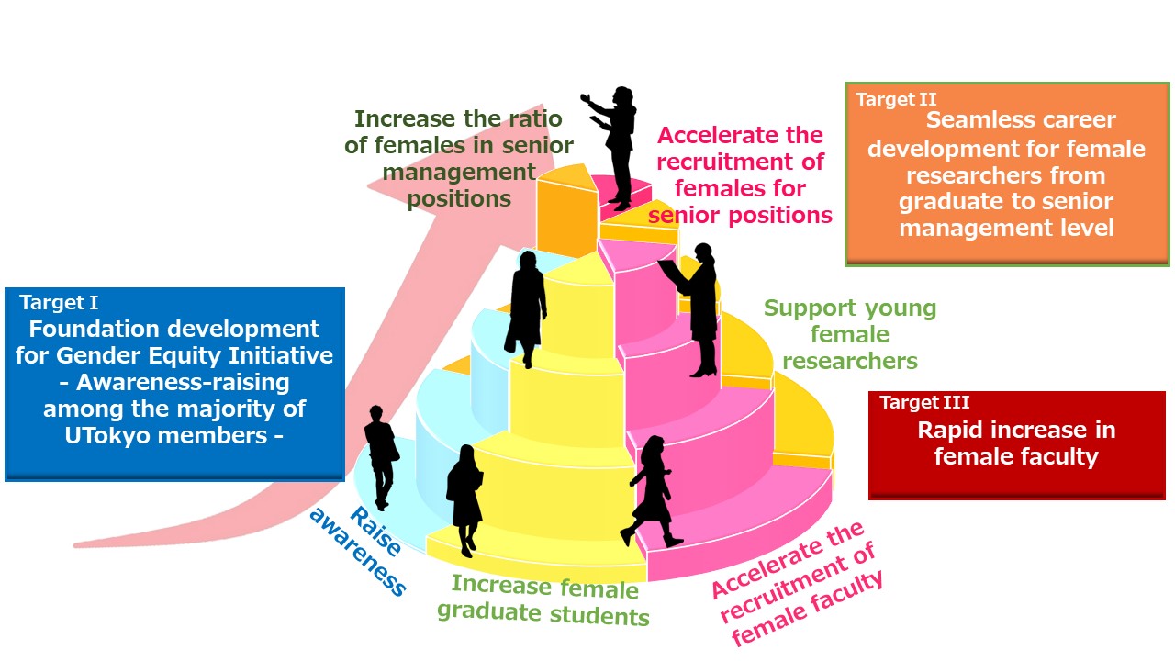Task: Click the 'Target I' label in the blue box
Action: (59, 303)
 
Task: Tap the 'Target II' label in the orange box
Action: (896, 99)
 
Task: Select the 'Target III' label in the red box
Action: (924, 402)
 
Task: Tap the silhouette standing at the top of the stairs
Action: (612, 148)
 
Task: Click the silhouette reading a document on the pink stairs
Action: (691, 309)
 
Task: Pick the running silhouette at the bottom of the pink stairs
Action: (652, 491)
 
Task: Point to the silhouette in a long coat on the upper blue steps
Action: (526, 309)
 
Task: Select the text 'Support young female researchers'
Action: (850, 334)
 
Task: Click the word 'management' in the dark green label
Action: (459, 172)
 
